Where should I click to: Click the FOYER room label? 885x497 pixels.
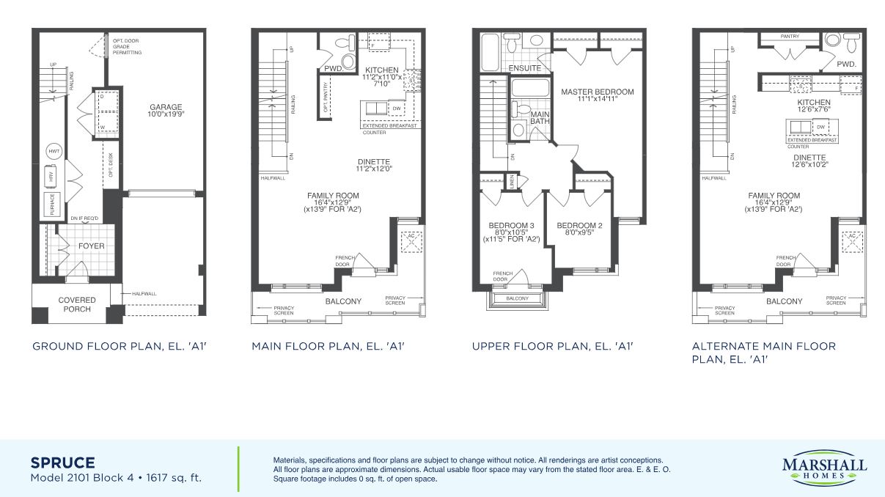click(92, 246)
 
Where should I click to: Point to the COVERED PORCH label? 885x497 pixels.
click(77, 304)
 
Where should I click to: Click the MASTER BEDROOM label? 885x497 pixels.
click(597, 92)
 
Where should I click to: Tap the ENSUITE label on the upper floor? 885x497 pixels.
click(525, 68)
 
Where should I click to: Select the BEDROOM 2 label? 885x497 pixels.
click(579, 226)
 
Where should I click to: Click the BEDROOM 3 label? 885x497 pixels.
click(512, 226)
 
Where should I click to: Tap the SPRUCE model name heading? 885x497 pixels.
click(62, 463)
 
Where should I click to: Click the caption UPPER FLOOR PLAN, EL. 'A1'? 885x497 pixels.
click(552, 346)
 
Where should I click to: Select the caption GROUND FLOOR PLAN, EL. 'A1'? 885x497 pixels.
click(120, 346)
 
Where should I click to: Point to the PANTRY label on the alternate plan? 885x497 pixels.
click(790, 36)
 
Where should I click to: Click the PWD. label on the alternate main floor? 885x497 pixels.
click(847, 64)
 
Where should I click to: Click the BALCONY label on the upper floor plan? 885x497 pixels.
click(518, 298)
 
